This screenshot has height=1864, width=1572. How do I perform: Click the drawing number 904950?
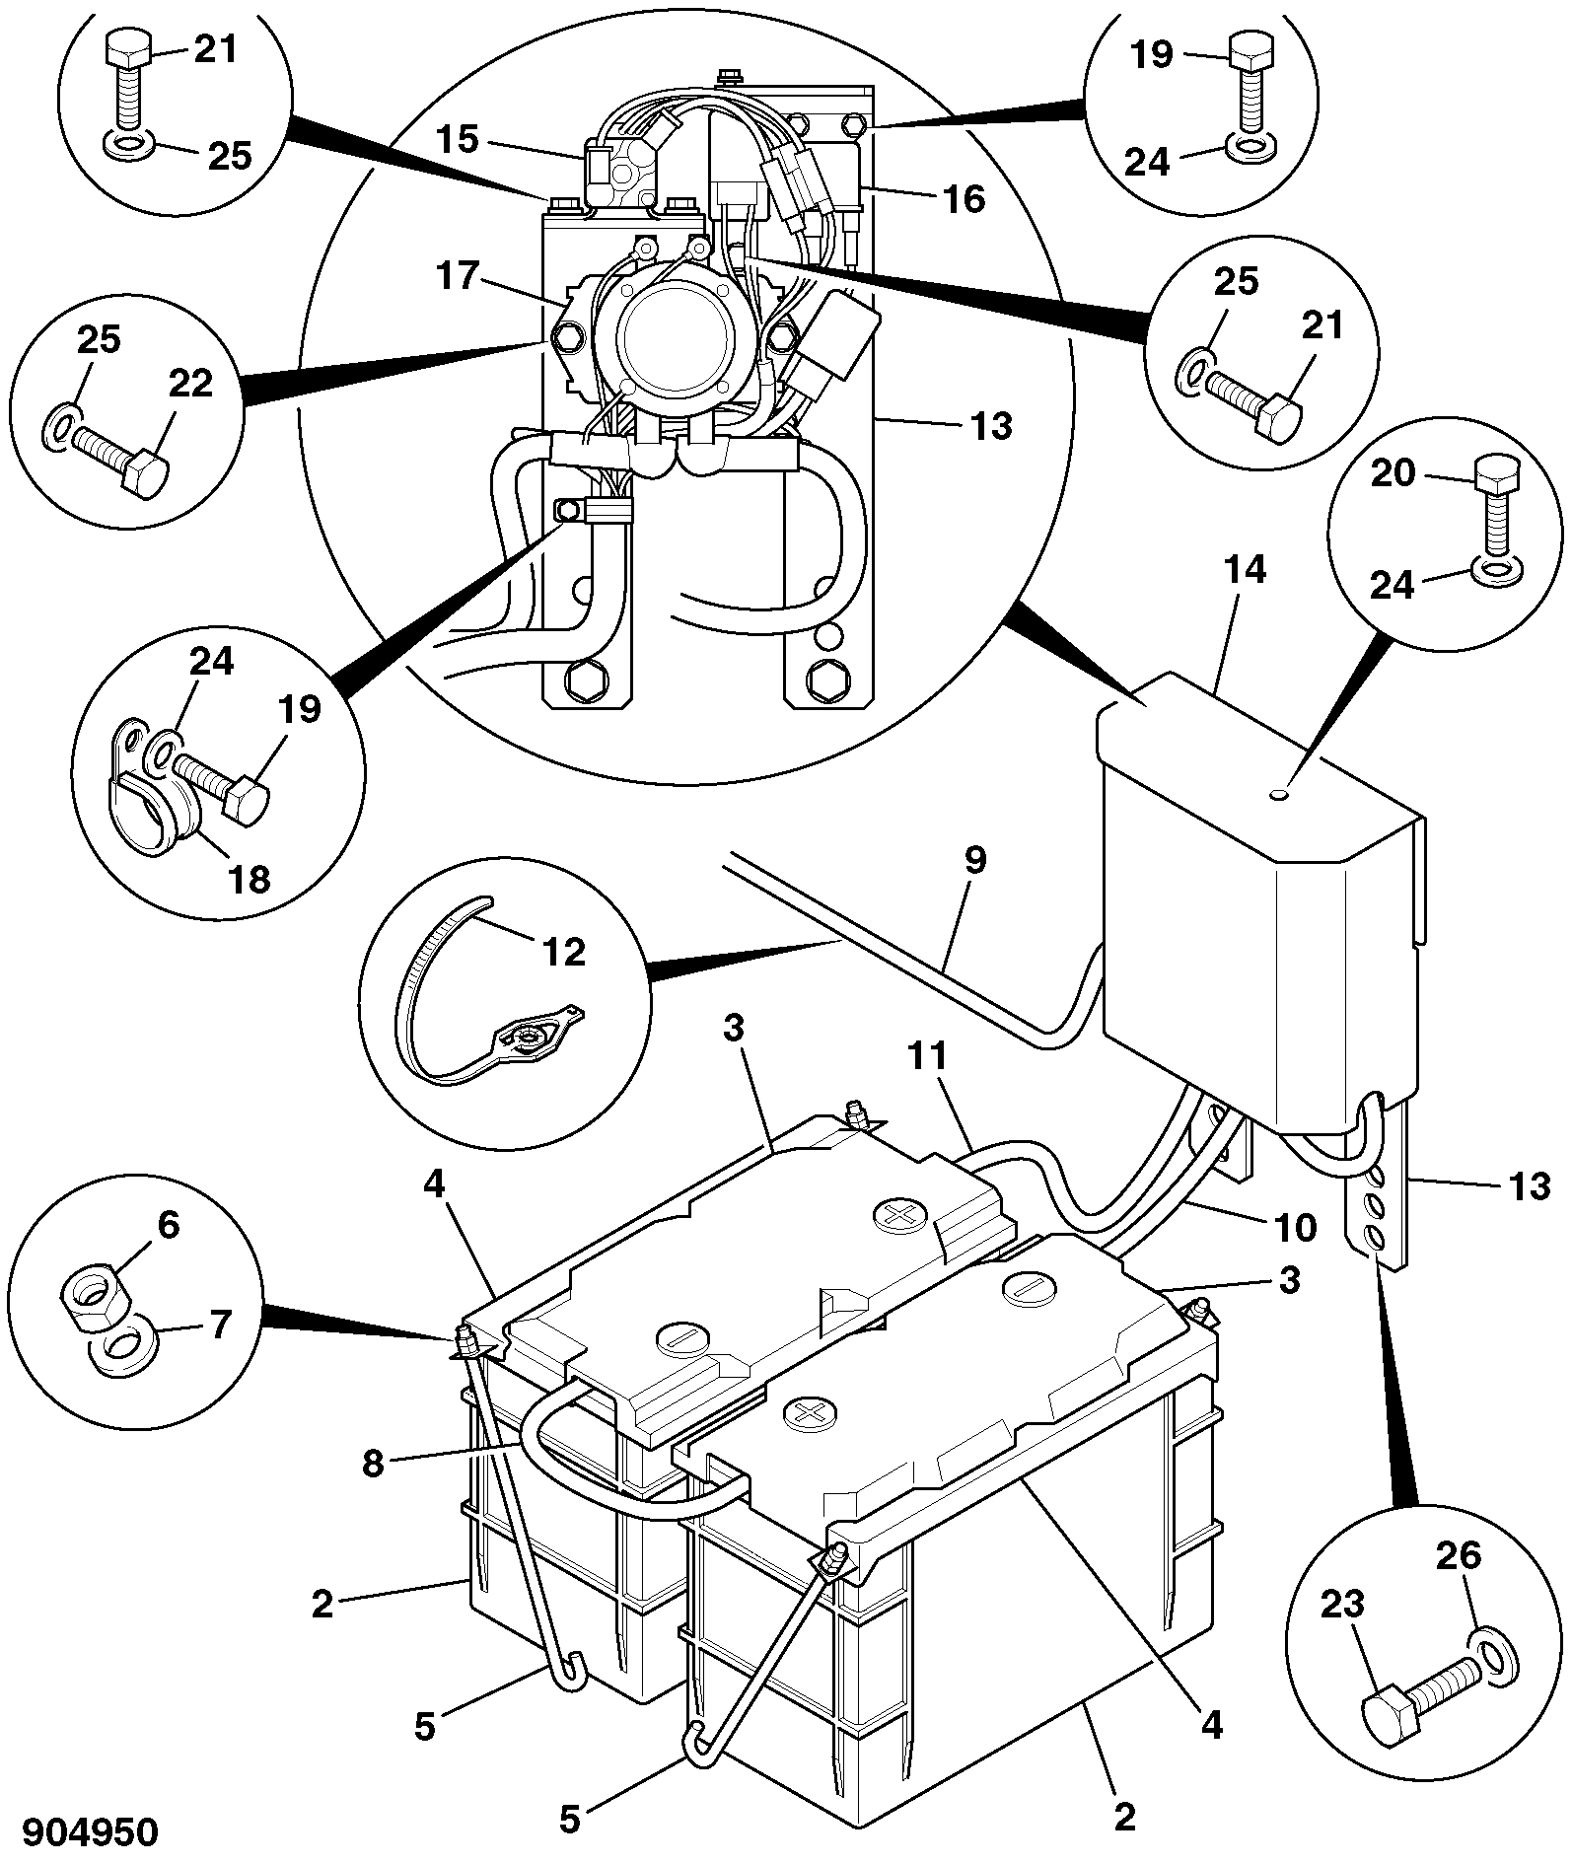[90, 1831]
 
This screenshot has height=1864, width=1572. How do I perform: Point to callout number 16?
[964, 199]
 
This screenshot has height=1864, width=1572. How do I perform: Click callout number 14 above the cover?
[1245, 570]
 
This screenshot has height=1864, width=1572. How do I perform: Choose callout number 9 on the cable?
[974, 859]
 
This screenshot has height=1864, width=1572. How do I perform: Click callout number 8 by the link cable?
[372, 1464]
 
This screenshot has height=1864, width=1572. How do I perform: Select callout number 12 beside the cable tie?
[563, 952]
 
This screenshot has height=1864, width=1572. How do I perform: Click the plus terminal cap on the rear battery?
[898, 1215]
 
